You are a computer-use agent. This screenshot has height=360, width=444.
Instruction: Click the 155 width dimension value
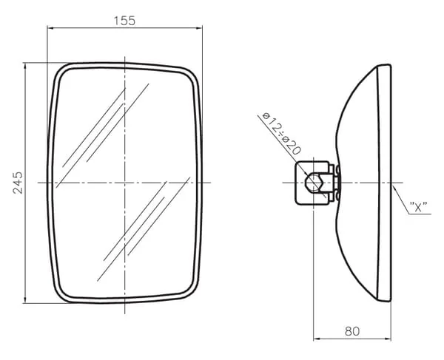point(124,21)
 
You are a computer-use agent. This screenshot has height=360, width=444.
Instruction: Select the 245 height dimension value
point(18,183)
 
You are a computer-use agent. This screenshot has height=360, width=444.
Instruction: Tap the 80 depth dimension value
point(352,331)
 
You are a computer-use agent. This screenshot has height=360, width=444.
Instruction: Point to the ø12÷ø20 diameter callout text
point(281,134)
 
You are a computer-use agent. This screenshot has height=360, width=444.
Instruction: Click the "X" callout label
point(419,207)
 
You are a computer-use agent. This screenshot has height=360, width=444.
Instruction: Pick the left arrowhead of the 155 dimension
point(50,28)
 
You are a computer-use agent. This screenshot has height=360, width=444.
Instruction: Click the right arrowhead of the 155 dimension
point(199,28)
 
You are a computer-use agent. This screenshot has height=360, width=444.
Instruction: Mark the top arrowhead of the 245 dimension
point(25,66)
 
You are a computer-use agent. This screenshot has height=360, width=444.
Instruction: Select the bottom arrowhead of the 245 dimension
point(25,300)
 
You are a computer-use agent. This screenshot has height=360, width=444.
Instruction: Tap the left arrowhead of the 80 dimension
point(317,339)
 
